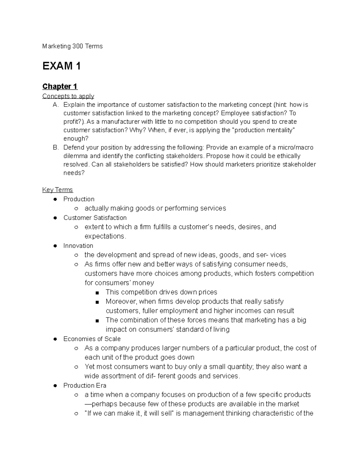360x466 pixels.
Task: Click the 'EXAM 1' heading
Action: click(61, 66)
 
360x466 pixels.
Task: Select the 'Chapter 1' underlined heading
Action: click(60, 86)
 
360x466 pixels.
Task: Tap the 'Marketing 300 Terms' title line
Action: click(72, 46)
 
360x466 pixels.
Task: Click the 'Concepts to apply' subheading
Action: click(68, 96)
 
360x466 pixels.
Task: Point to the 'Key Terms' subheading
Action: click(58, 190)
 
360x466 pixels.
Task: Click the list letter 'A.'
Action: click(56, 105)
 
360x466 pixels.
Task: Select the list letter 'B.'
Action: click(56, 147)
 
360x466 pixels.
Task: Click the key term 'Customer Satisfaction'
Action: click(95, 218)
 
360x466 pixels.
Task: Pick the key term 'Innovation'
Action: click(78, 245)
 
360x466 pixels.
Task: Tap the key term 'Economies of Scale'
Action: click(92, 339)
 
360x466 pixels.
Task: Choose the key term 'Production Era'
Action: click(85, 385)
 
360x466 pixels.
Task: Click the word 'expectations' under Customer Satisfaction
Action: click(104, 236)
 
